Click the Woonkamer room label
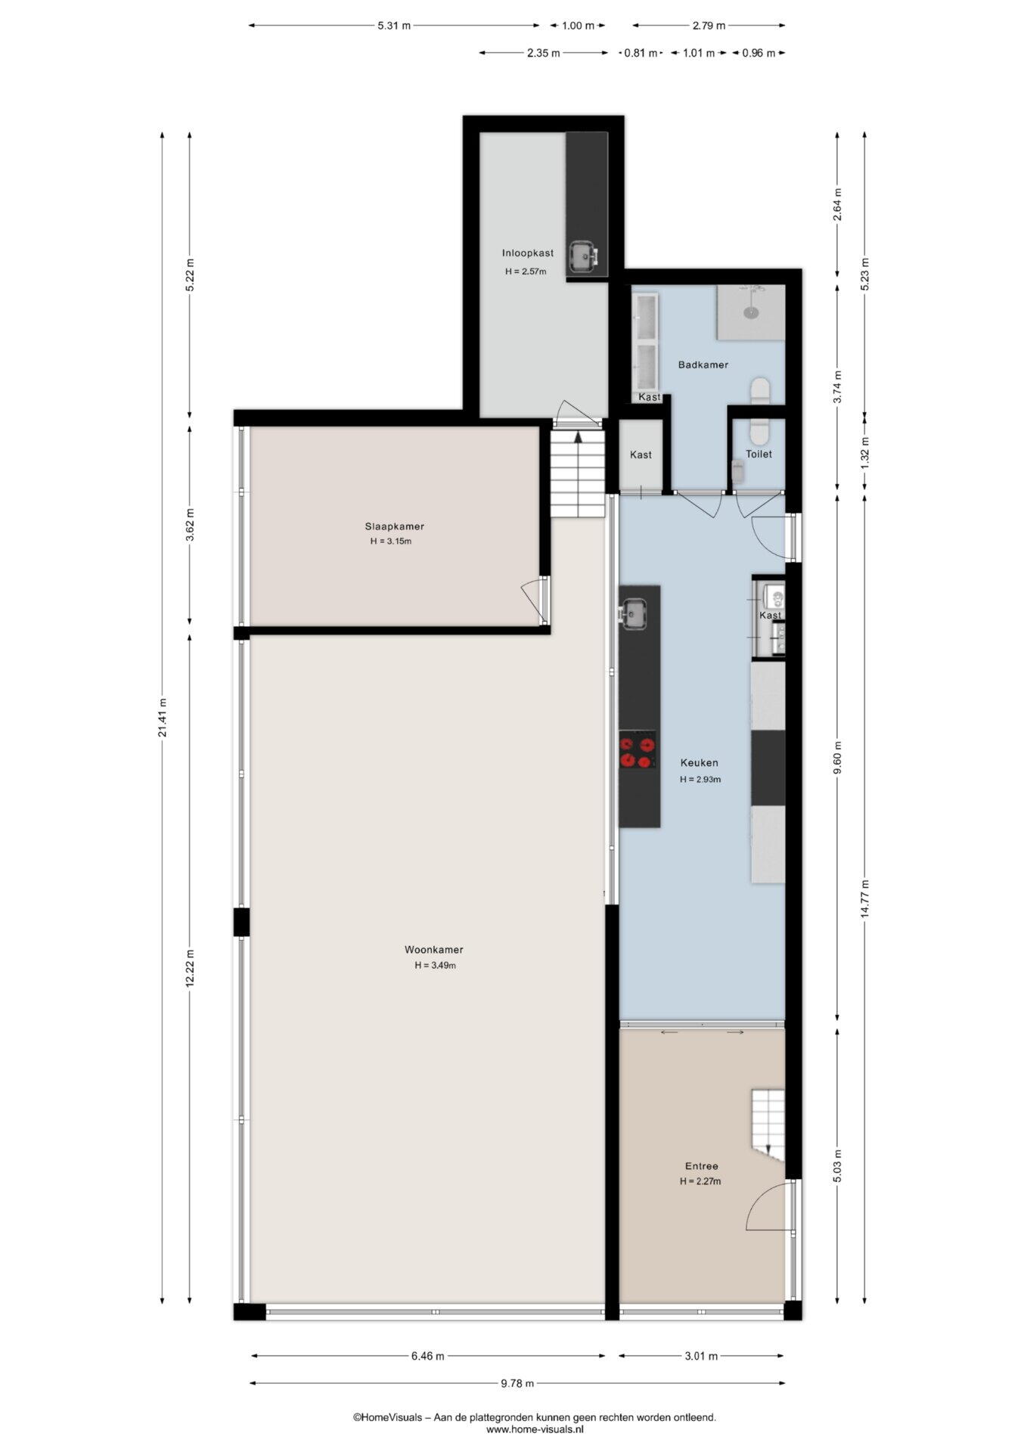[433, 950]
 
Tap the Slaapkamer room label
[394, 526]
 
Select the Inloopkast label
[528, 253]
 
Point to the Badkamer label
[703, 365]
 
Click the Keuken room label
[699, 763]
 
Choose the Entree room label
[702, 1166]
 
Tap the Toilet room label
[759, 454]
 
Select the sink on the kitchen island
[633, 613]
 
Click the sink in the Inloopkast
[583, 256]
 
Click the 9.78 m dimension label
[517, 1383]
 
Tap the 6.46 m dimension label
[428, 1356]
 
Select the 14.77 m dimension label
[865, 899]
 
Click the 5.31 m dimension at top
[394, 26]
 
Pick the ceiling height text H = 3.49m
[435, 966]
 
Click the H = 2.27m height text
[700, 1181]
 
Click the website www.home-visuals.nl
[535, 1429]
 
